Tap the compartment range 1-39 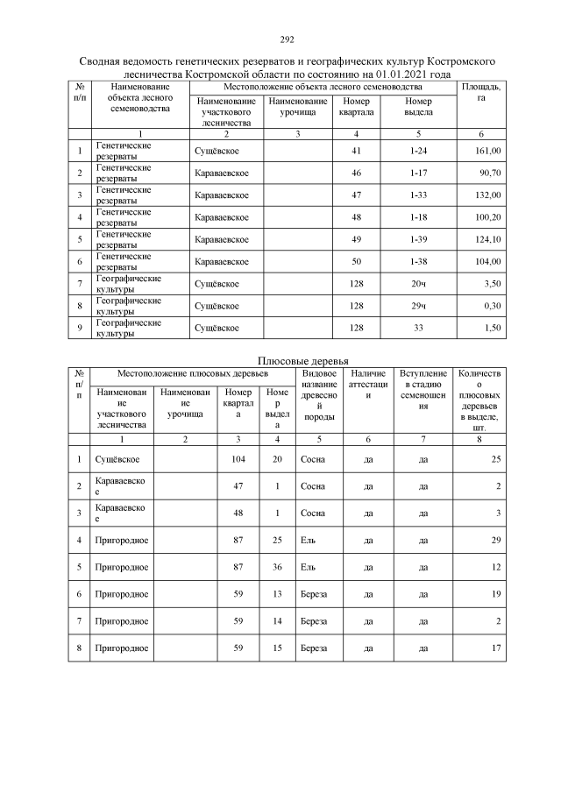[418, 239]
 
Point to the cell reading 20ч [418, 284]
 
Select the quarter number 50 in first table [356, 261]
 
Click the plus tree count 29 [495, 541]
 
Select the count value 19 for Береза [495, 593]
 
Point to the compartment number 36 [277, 567]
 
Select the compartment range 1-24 [418, 151]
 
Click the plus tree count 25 [495, 458]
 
